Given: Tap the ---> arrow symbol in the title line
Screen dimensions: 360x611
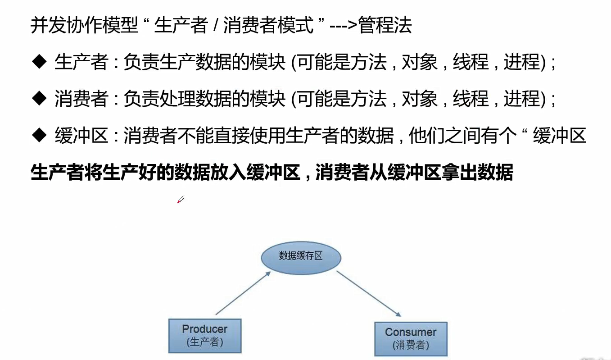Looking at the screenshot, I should coord(344,26).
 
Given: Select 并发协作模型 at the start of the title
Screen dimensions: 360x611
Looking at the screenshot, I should coord(84,25).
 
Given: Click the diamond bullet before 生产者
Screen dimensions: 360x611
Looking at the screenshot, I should coord(40,62).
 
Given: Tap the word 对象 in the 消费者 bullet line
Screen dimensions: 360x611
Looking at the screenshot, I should coord(419,98).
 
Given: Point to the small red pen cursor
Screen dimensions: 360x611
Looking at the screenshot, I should coord(181,200).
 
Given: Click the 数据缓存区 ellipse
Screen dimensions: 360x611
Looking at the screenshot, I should coord(301,256).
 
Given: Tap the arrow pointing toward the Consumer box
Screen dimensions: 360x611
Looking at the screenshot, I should coord(368,293).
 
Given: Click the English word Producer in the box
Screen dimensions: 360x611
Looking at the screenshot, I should coord(205,329).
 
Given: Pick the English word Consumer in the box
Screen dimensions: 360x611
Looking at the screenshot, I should coord(411,332).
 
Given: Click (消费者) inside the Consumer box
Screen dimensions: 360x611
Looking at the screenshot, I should coord(411,345).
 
